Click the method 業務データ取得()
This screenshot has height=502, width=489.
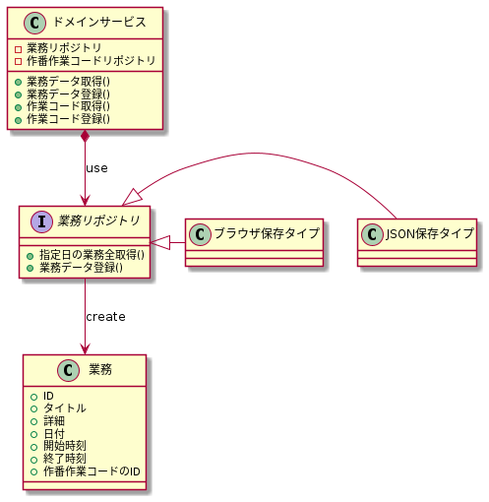70,81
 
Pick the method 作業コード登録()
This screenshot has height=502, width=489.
70,119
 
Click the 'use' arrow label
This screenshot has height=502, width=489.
96,168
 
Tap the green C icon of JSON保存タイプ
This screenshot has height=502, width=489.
373,233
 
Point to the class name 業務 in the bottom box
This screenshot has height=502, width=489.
99,369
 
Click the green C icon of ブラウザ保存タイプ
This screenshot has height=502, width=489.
200,234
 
